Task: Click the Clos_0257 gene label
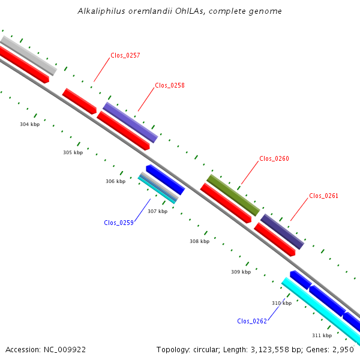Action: (x=125, y=55)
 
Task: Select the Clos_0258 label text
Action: (x=170, y=85)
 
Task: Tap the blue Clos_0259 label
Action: (x=119, y=223)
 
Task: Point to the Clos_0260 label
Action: (x=274, y=158)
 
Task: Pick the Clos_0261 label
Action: (x=324, y=196)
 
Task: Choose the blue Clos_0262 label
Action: (x=252, y=321)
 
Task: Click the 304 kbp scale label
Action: (x=30, y=124)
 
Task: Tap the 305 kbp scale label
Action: (x=73, y=152)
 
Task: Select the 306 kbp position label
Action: (x=115, y=181)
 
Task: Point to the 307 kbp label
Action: (x=157, y=211)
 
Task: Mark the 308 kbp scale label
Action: (x=200, y=241)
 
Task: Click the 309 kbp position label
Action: (x=241, y=272)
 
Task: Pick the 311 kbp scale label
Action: (x=322, y=335)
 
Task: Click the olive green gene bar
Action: (x=233, y=195)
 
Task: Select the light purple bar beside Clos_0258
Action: (x=130, y=122)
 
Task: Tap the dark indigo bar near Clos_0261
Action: (x=283, y=232)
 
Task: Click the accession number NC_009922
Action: (x=65, y=350)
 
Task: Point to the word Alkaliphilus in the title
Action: (x=101, y=11)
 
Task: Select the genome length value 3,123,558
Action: (x=270, y=350)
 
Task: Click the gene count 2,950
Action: (x=343, y=350)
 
